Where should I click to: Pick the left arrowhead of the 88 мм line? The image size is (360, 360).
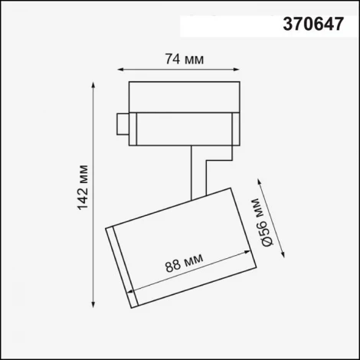pyautogui.click(x=136, y=290)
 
